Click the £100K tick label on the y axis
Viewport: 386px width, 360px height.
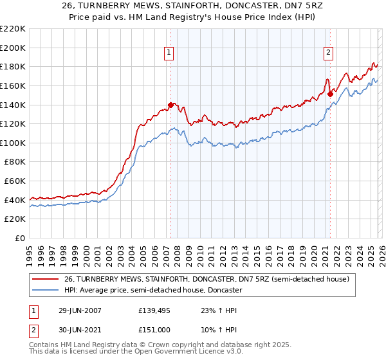13,143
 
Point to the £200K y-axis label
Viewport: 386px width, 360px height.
13,48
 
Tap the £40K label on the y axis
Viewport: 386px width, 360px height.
15,200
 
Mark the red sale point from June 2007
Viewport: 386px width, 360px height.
170,105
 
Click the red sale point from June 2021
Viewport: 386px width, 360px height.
330,94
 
